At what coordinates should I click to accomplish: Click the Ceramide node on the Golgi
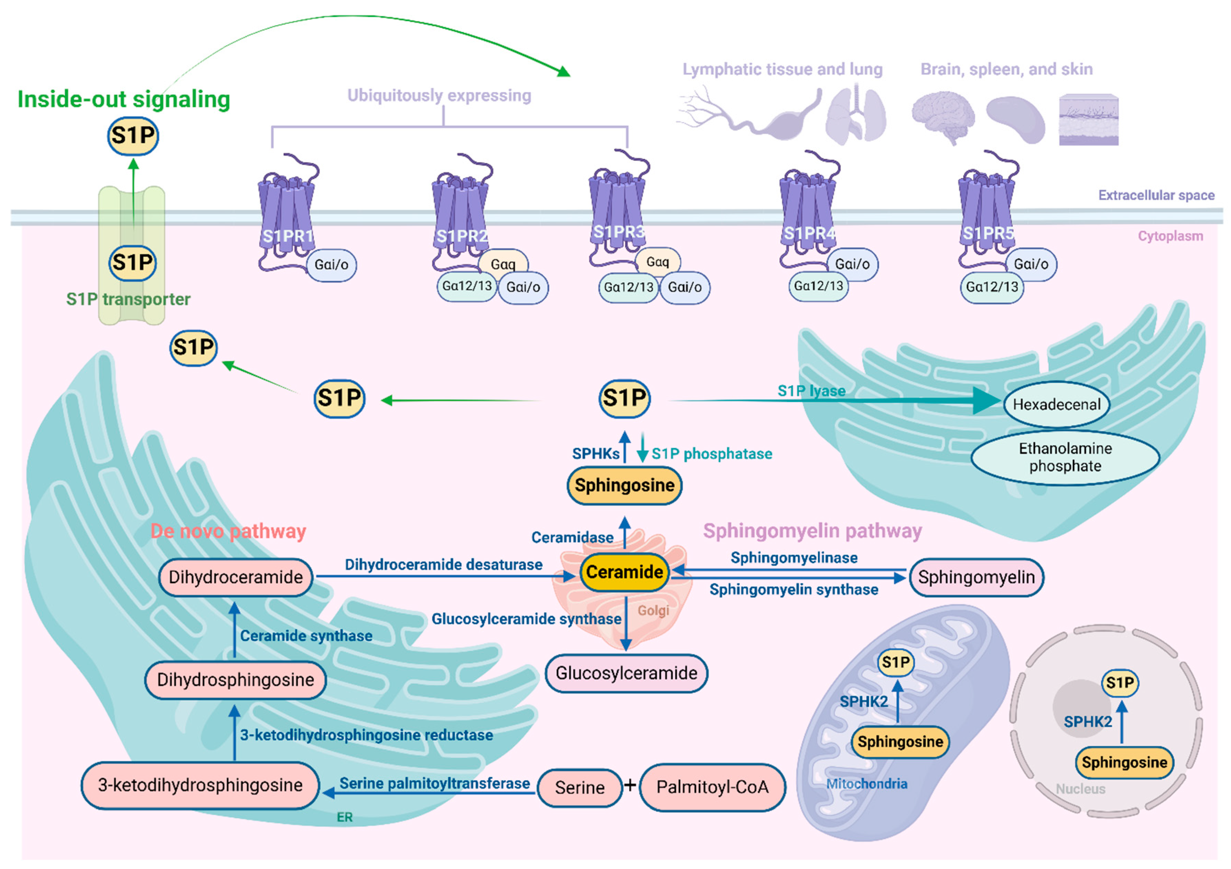(x=624, y=572)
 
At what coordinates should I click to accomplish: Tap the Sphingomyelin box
(x=976, y=577)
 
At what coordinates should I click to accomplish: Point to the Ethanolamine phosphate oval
(x=1065, y=457)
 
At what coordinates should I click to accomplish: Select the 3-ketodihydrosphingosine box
(x=200, y=785)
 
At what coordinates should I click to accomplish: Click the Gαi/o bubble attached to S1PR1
(x=331, y=265)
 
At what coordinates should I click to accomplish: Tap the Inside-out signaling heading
(x=124, y=99)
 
